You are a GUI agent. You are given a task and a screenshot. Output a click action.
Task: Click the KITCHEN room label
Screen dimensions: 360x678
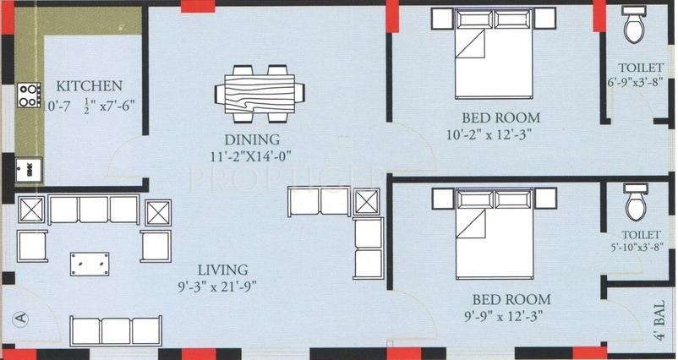point(90,85)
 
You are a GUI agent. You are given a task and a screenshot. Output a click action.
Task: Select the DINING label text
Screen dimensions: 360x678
point(252,139)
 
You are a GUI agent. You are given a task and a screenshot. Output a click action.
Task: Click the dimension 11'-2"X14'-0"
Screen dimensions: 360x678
point(253,155)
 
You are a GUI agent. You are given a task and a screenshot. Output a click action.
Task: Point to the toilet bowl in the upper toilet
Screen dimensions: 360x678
point(632,28)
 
